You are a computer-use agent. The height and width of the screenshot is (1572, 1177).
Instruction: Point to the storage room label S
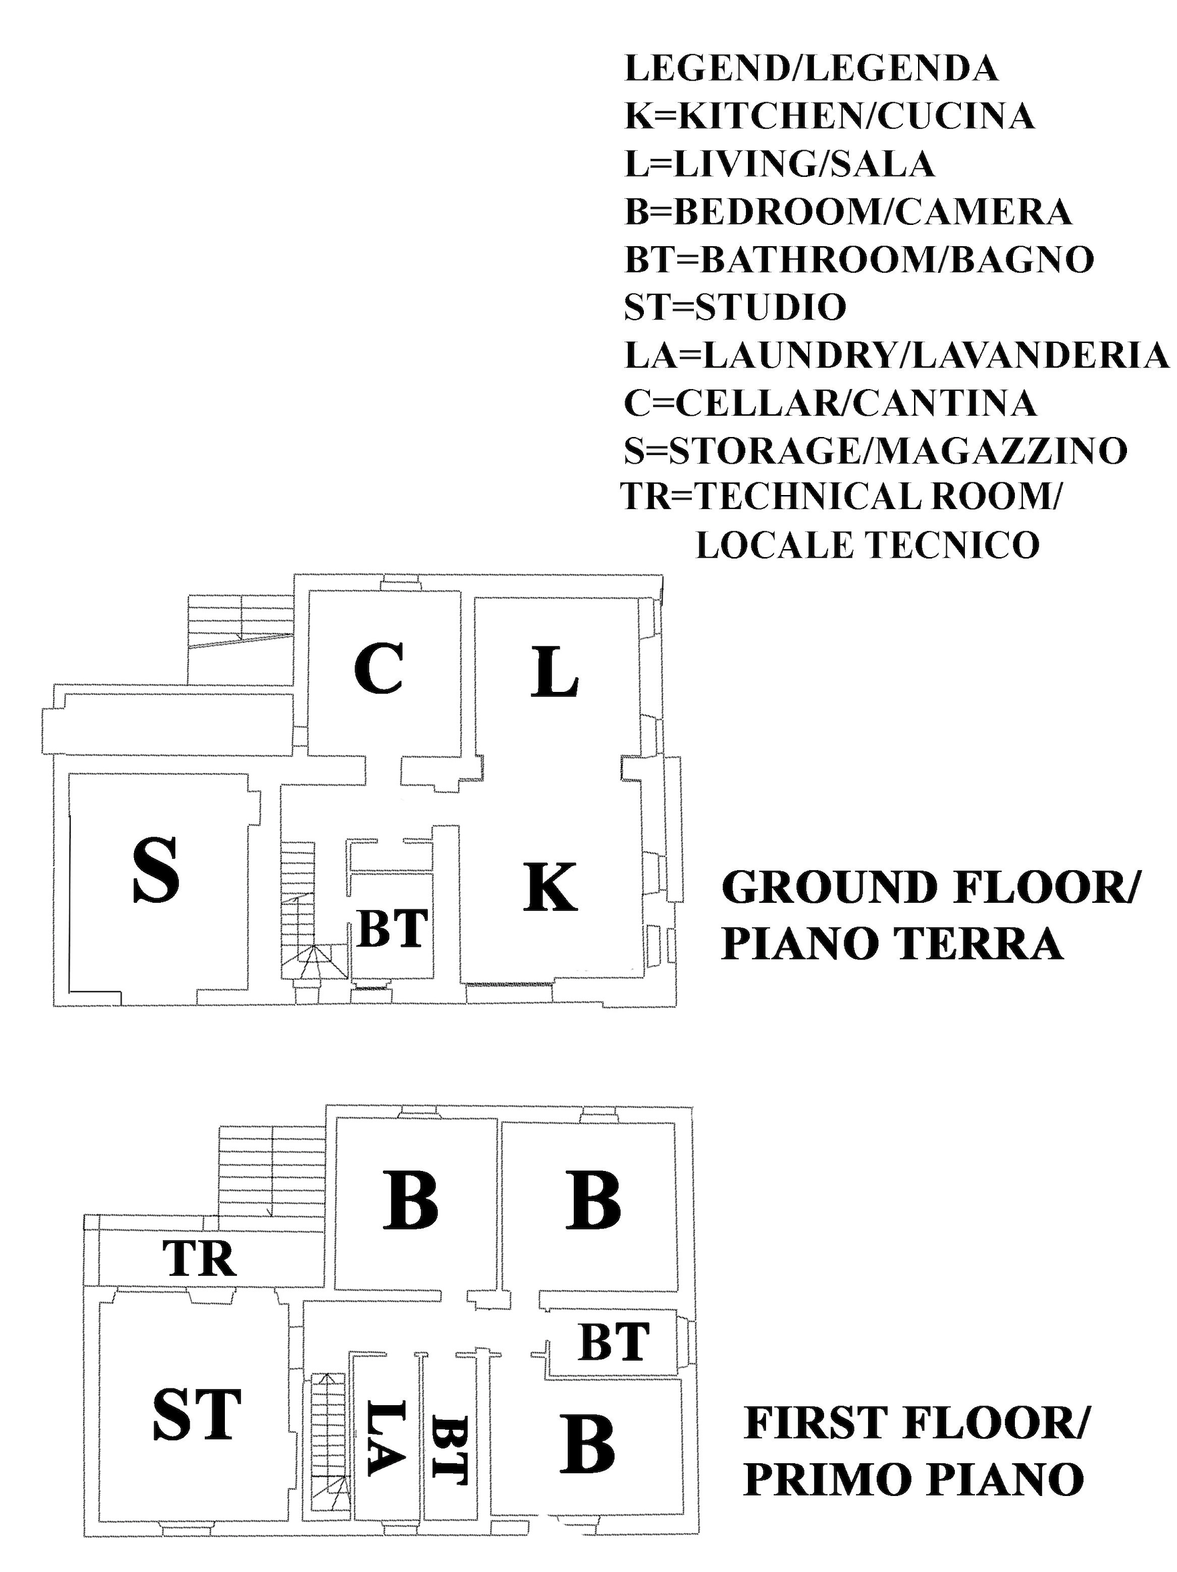point(155,870)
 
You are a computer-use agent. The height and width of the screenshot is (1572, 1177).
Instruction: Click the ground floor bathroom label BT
point(392,929)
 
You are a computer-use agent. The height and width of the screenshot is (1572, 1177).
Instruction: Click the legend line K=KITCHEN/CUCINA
point(829,116)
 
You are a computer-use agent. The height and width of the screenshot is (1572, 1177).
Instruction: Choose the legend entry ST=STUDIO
point(735,307)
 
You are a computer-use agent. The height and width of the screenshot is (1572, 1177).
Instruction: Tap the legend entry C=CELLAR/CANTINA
point(829,403)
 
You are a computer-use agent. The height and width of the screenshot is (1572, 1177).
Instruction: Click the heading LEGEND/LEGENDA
point(811,68)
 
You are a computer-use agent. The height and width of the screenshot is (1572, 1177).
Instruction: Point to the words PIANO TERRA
point(892,945)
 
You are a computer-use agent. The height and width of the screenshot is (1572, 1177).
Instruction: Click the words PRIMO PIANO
point(913,1479)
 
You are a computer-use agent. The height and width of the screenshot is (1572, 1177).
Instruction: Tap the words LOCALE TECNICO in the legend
point(867,545)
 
